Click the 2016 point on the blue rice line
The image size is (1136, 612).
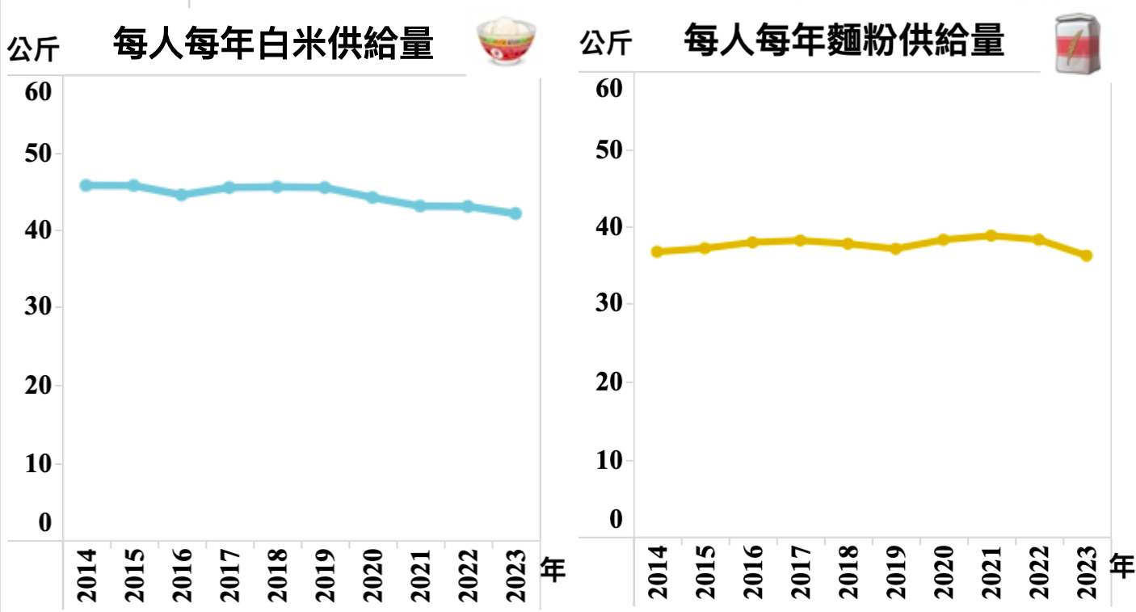click(x=181, y=195)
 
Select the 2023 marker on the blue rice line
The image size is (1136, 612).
click(x=515, y=213)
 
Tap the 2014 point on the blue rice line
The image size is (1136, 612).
click(x=86, y=185)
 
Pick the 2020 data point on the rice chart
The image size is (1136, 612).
click(x=372, y=197)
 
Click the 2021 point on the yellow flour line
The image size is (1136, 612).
click(x=991, y=235)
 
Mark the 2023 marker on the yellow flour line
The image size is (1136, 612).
click(x=1086, y=255)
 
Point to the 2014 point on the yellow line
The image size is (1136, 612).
click(x=657, y=251)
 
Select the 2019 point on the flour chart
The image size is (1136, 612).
click(x=895, y=248)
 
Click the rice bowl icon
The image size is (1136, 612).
click(x=507, y=43)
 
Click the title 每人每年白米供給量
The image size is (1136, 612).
click(x=273, y=43)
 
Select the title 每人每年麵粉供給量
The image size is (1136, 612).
click(x=844, y=40)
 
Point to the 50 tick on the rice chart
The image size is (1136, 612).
click(x=38, y=153)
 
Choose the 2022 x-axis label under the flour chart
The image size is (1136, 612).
click(x=1039, y=572)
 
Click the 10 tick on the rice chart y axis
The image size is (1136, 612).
click(x=38, y=464)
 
